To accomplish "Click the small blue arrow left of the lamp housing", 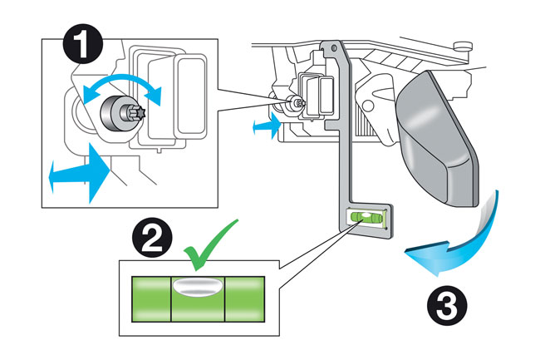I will click(265, 125).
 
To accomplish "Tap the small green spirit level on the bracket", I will click(366, 218).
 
